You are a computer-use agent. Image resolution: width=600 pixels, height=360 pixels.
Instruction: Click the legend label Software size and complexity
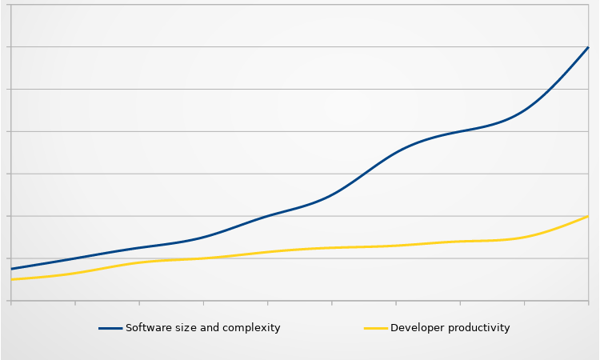tap(203, 328)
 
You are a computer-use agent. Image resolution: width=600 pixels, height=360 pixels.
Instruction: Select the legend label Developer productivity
tap(450, 328)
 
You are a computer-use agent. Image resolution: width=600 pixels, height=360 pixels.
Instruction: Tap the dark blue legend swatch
tap(110, 328)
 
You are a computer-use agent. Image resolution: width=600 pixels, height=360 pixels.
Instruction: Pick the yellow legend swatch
tap(376, 328)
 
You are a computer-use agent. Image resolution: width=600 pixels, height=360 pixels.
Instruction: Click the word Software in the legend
tap(146, 328)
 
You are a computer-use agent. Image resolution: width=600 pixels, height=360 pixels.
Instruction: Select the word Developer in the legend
tap(416, 328)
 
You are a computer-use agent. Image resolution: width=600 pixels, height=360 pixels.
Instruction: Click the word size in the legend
tap(182, 328)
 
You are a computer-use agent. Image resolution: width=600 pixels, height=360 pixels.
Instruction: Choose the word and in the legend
tap(210, 328)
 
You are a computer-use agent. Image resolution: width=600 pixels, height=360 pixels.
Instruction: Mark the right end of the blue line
tap(588, 47)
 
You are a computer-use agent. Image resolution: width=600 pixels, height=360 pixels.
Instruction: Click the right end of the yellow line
tap(588, 216)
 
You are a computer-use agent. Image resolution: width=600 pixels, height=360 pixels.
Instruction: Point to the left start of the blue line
tap(12, 269)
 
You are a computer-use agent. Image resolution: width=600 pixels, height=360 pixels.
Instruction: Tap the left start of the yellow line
tap(12, 279)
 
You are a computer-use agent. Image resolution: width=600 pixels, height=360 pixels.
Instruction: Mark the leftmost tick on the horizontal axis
tap(12, 302)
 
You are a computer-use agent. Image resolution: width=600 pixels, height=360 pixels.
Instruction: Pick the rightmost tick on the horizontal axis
tap(588, 302)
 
